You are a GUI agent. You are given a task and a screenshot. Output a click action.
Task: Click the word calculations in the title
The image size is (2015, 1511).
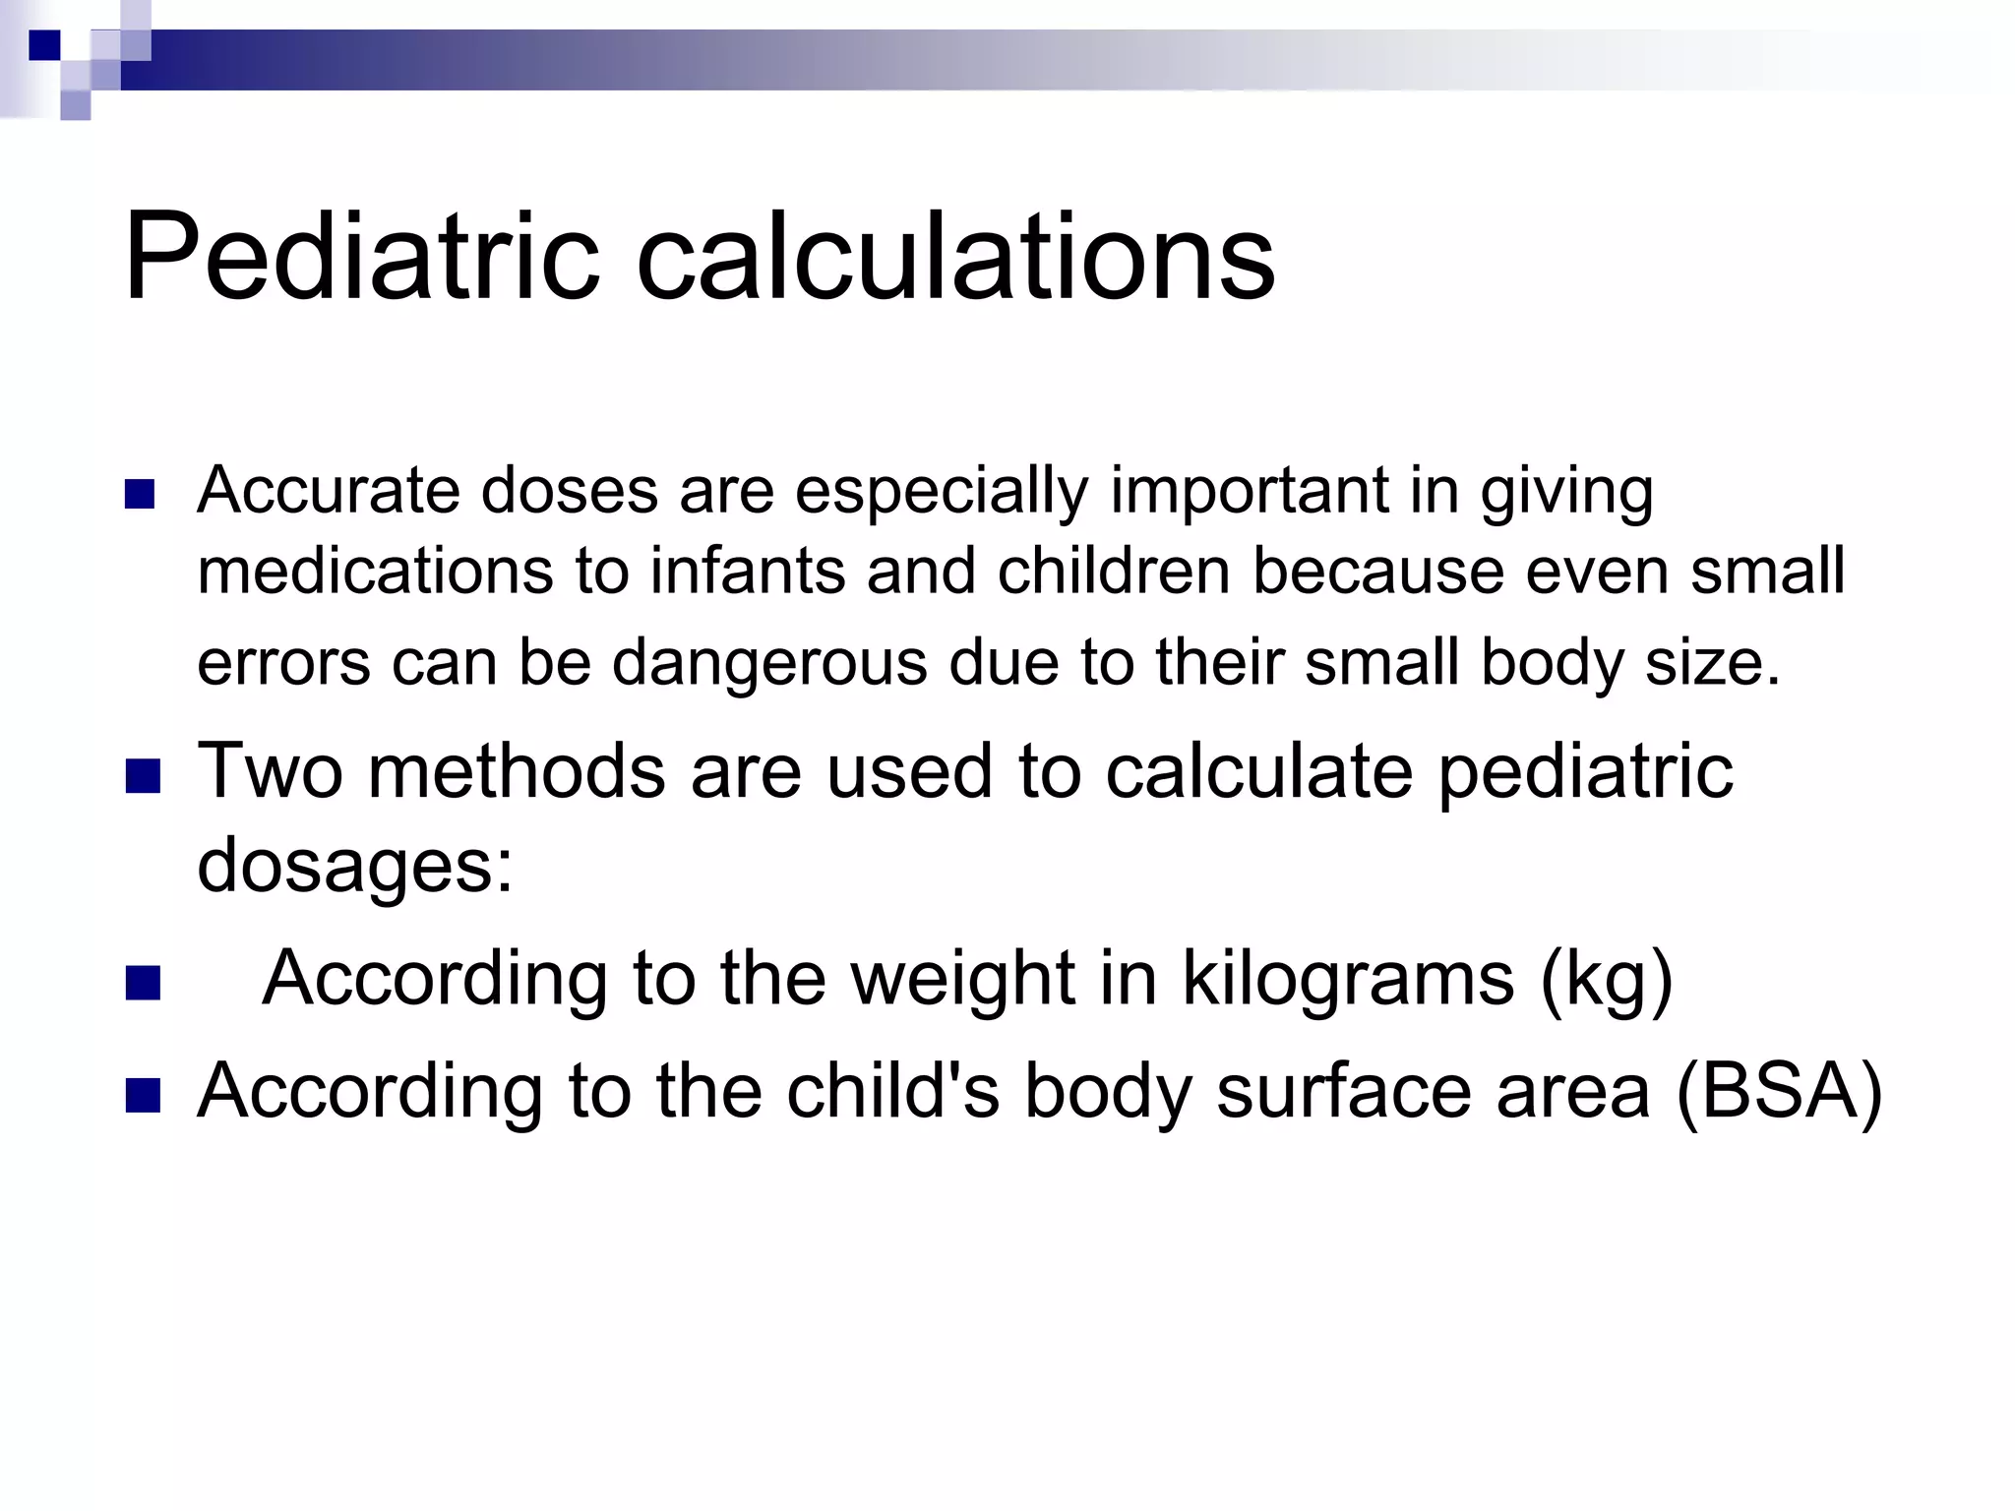pos(955,258)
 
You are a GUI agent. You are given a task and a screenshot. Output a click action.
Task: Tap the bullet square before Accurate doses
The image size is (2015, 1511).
pos(141,494)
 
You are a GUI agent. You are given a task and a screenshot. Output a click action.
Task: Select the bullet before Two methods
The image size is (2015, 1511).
pos(143,776)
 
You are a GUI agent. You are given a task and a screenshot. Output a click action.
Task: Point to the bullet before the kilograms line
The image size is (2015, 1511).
pos(143,983)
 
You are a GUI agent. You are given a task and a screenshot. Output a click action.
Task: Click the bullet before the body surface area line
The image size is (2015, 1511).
pos(143,1096)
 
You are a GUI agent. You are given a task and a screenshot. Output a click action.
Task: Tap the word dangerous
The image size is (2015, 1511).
pos(769,661)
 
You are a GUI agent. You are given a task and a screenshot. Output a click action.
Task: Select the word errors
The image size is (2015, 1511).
pos(283,663)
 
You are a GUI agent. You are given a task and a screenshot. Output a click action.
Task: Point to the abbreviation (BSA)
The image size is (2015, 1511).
pos(1779,1091)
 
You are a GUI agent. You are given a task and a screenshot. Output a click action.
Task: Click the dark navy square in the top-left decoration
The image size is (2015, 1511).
pos(44,45)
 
